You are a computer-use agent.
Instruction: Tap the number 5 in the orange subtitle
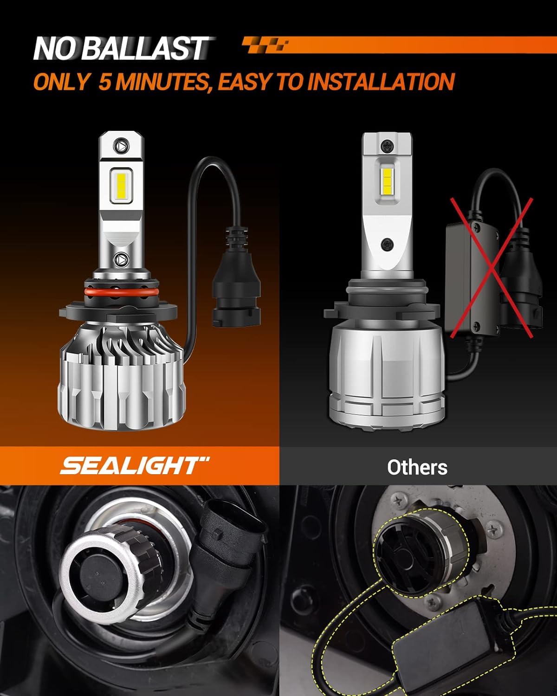(105, 82)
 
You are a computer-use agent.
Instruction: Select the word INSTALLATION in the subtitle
(381, 82)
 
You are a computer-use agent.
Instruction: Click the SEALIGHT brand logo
(135, 466)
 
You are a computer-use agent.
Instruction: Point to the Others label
(417, 467)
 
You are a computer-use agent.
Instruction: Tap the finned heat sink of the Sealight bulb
(120, 371)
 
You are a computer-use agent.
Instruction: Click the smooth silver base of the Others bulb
(385, 371)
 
